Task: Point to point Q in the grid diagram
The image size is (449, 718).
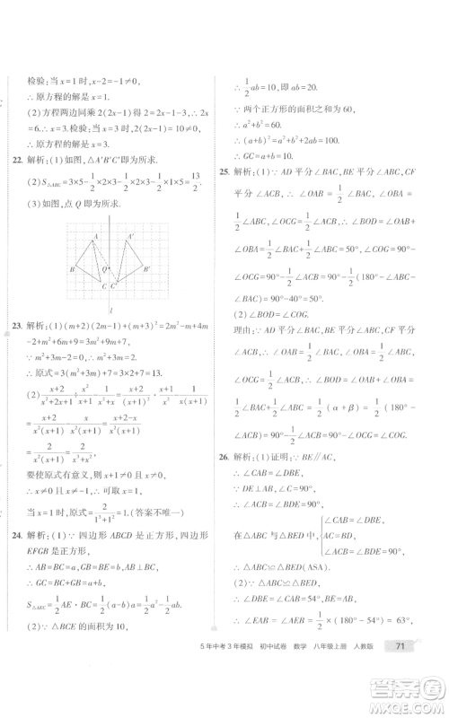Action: pyautogui.click(x=104, y=268)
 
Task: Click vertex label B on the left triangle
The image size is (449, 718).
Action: pyautogui.click(x=72, y=268)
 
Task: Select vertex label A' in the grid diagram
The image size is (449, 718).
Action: pyautogui.click(x=130, y=237)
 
